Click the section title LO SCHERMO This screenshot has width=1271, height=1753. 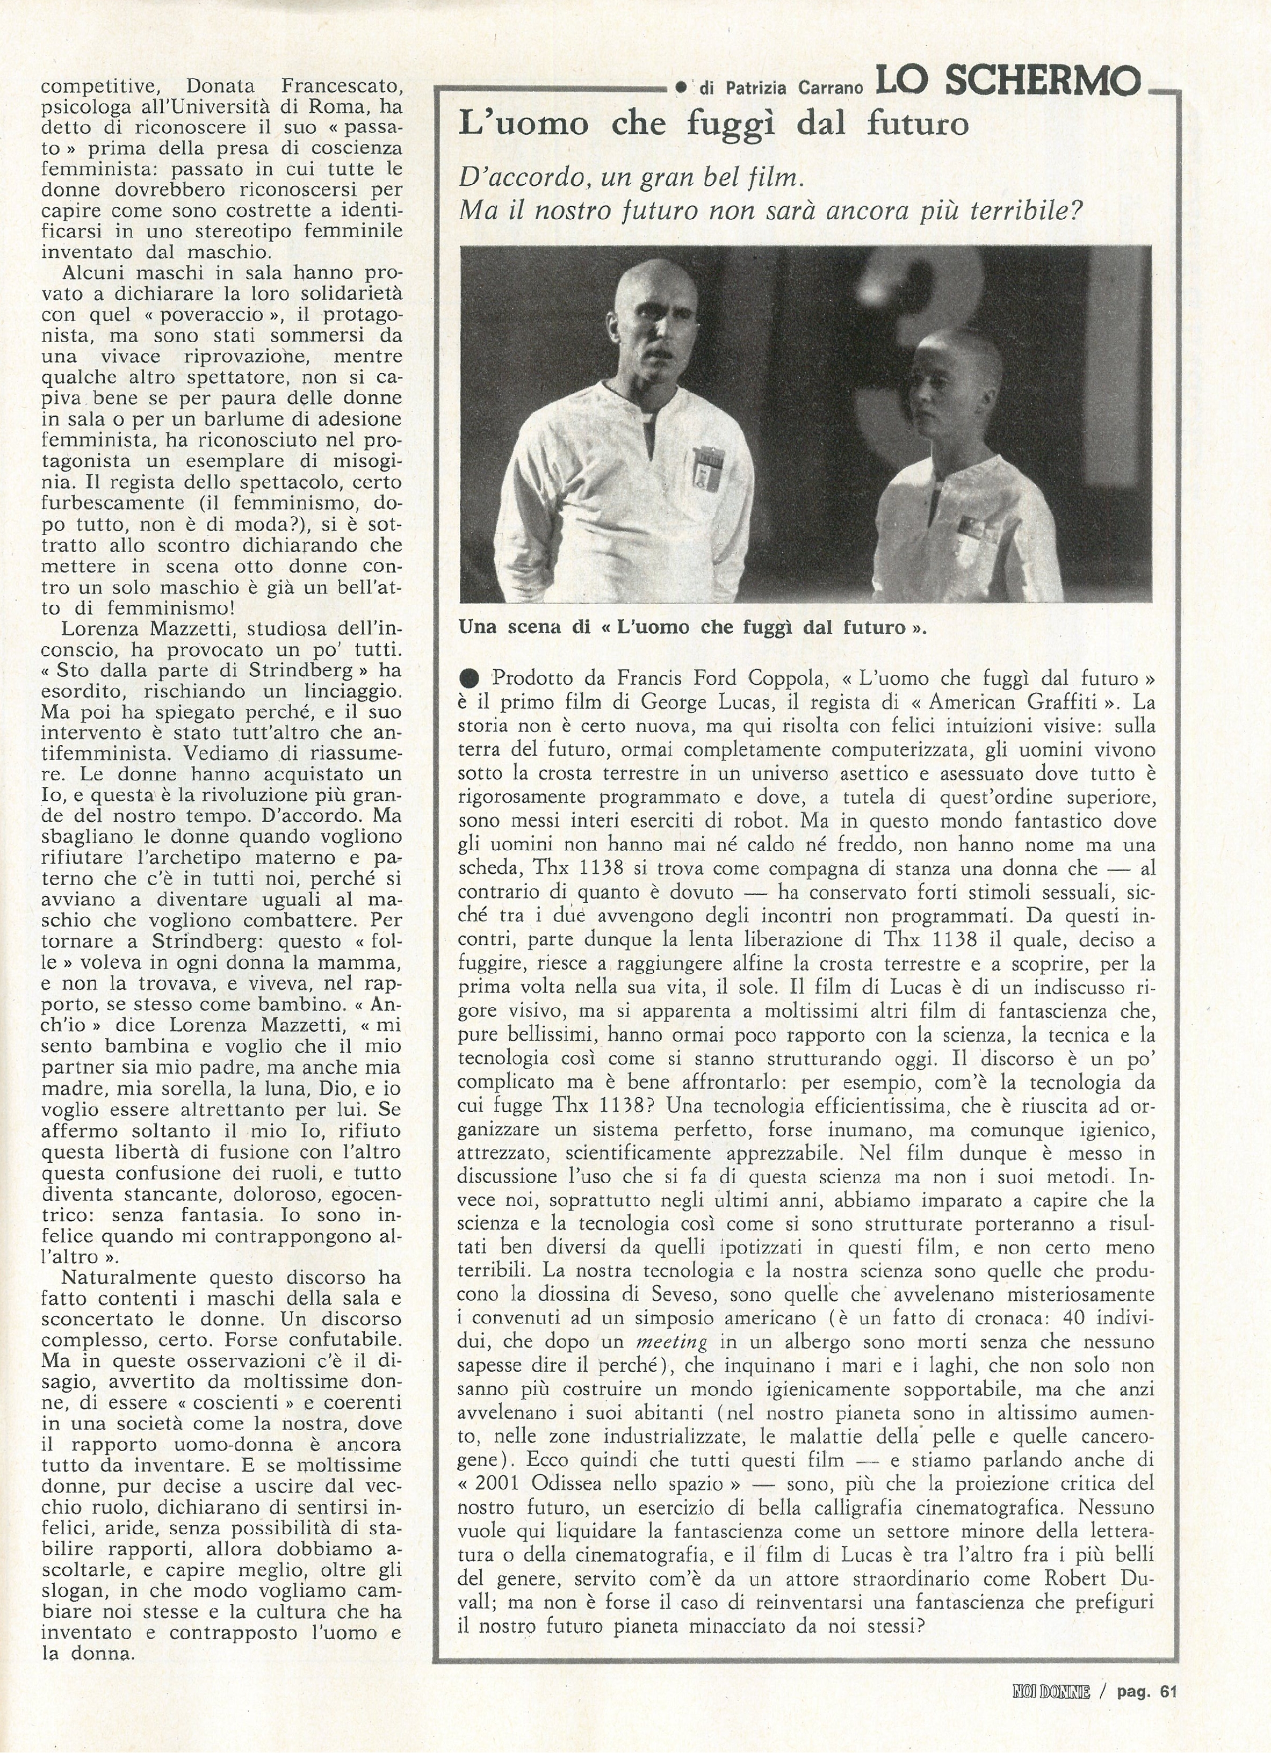[1008, 81]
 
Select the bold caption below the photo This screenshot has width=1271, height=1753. [692, 628]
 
